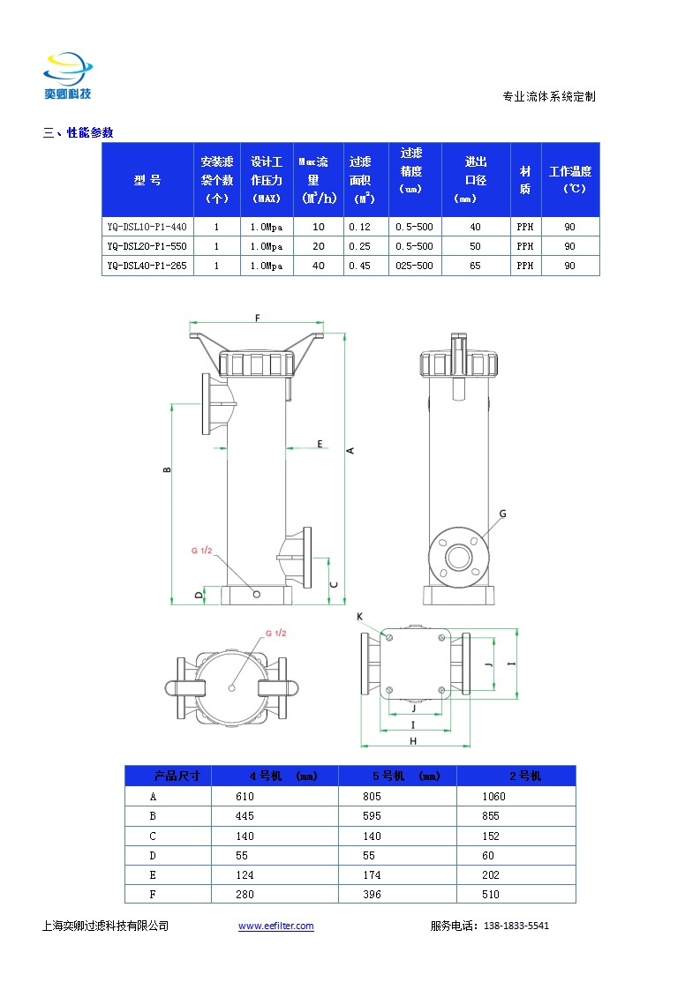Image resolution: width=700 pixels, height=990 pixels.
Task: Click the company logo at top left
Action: [x=68, y=76]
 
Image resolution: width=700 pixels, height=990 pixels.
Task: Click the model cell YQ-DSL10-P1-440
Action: [x=147, y=227]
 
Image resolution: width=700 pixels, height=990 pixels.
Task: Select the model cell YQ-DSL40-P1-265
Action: [x=147, y=266]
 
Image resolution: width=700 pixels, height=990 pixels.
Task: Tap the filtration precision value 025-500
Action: [x=415, y=266]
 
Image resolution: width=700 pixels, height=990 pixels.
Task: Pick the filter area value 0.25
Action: [x=359, y=246]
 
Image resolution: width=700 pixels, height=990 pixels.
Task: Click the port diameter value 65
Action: [x=475, y=266]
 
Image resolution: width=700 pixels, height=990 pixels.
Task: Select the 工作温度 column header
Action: [x=570, y=180]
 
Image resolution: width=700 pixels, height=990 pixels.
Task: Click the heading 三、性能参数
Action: [x=79, y=132]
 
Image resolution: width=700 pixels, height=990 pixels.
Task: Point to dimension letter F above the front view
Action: [x=257, y=319]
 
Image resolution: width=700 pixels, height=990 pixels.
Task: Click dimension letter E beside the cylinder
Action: [x=320, y=444]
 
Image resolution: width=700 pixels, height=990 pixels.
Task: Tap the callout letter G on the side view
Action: [x=503, y=514]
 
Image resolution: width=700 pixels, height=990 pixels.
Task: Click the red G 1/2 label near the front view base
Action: [x=201, y=551]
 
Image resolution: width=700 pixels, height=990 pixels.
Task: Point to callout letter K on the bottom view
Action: [x=359, y=617]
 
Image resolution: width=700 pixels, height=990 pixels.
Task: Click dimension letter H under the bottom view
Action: [x=413, y=741]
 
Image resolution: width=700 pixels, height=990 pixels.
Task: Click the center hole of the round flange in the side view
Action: [x=458, y=558]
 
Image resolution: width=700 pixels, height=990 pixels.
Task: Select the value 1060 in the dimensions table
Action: [x=494, y=797]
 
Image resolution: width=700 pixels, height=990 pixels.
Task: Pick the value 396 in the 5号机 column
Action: [x=373, y=895]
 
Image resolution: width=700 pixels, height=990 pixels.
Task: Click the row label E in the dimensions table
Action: [x=153, y=875]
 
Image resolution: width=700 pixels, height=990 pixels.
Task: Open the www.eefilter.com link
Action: [x=276, y=926]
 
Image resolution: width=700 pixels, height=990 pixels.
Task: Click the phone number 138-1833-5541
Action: [x=516, y=926]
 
